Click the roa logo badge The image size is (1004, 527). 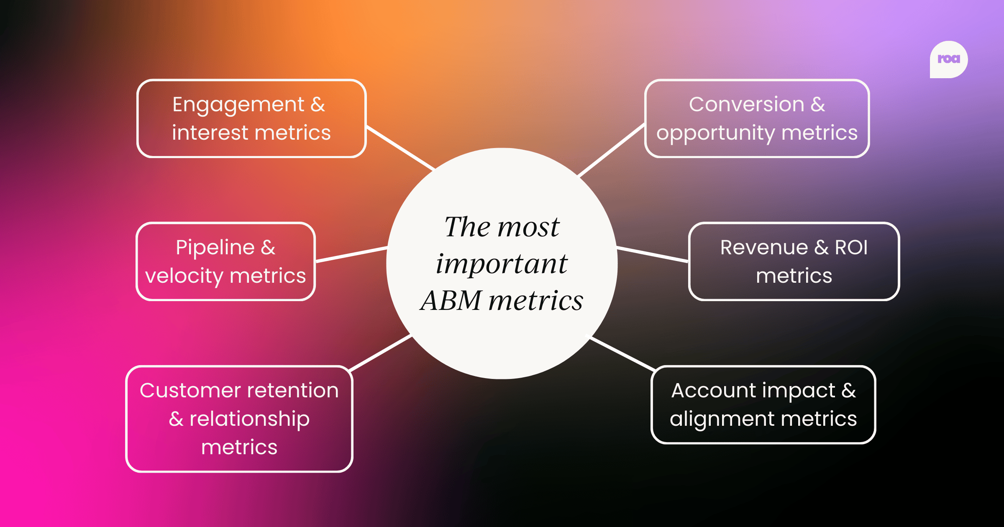click(948, 59)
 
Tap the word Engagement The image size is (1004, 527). click(238, 105)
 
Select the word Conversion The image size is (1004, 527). click(746, 104)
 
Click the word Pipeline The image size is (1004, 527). click(215, 248)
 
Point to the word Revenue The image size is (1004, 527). click(764, 247)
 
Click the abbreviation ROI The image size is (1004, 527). click(851, 247)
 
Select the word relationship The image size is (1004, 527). click(249, 419)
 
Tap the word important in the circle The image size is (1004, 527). click(501, 264)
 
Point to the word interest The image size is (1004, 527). click(210, 133)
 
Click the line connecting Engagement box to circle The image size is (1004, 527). click(400, 148)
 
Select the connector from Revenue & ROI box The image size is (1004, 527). click(653, 255)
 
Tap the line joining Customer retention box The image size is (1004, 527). click(381, 353)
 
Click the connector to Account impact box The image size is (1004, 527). click(622, 354)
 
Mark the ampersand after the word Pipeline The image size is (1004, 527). click(268, 248)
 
